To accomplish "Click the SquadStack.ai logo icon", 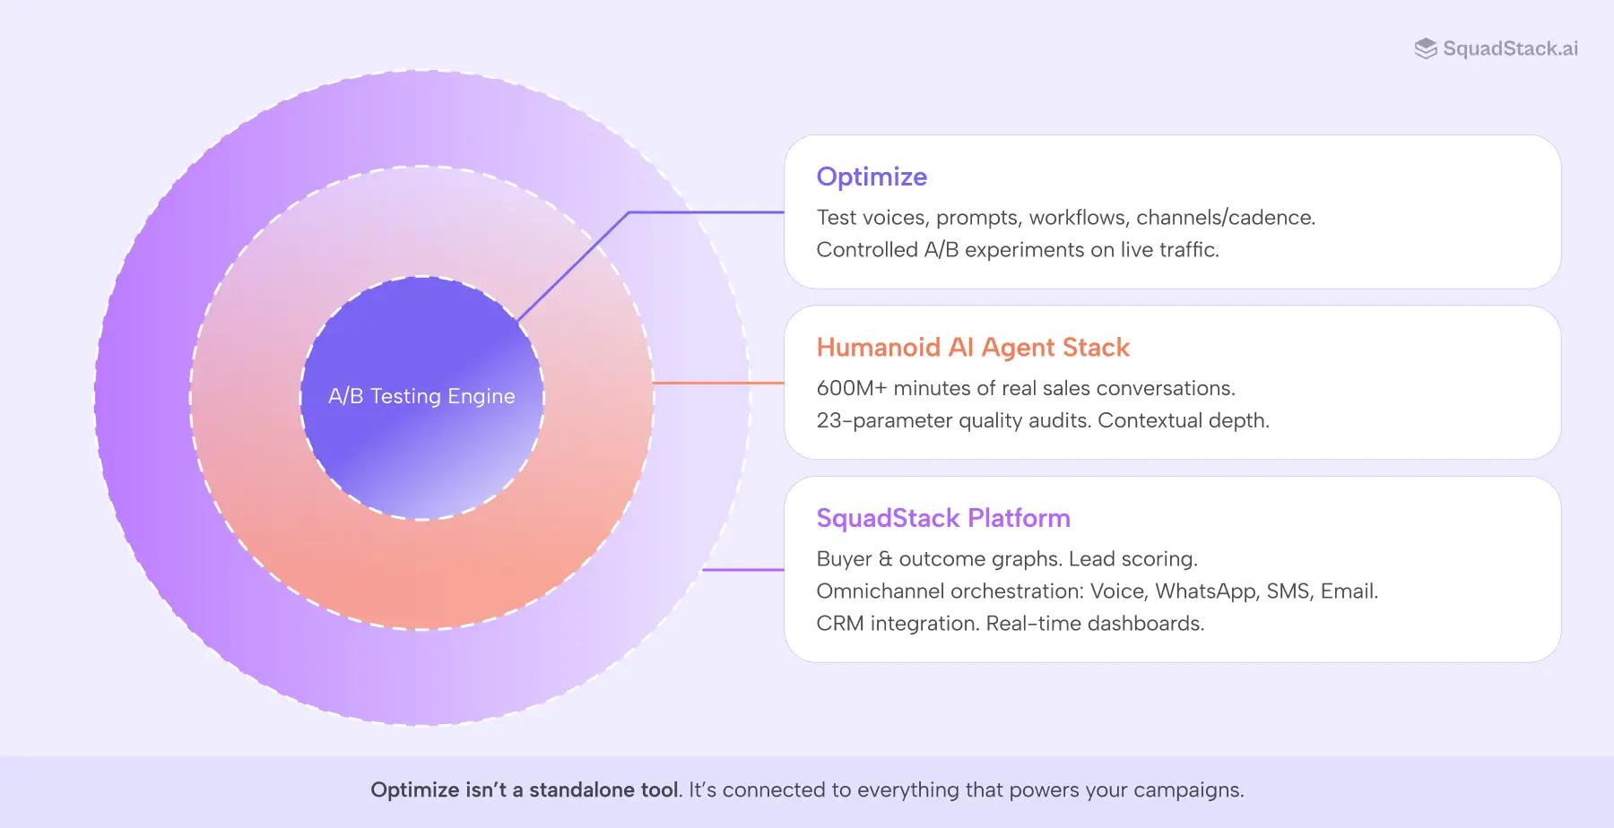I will coord(1425,48).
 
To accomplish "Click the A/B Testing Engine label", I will coord(421,396).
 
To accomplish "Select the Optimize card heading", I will coord(872,177).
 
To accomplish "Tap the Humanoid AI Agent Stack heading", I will coord(973,347).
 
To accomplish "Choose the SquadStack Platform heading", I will coord(943,518).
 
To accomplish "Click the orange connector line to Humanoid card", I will coord(717,383).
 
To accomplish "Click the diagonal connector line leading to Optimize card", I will coord(574,266).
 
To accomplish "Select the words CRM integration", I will coord(898,624).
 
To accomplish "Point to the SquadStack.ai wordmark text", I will coord(1510,48).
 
